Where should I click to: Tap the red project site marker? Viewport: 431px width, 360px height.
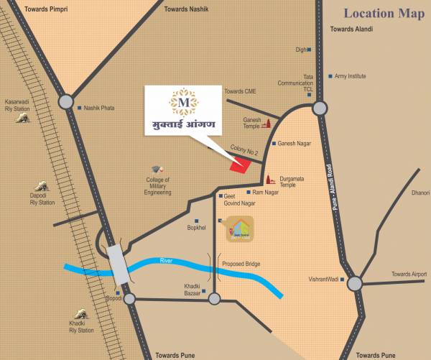pyautogui.click(x=240, y=164)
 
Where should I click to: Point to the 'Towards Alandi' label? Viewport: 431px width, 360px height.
pyautogui.click(x=353, y=28)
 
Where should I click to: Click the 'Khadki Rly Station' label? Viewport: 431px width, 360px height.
pyautogui.click(x=81, y=327)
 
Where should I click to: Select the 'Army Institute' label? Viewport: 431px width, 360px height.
pyautogui.click(x=351, y=75)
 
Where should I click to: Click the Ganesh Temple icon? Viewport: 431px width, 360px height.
pyautogui.click(x=266, y=122)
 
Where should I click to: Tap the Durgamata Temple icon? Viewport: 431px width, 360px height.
pyautogui.click(x=272, y=180)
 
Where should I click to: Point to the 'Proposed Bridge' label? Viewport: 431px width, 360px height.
pyautogui.click(x=241, y=264)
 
